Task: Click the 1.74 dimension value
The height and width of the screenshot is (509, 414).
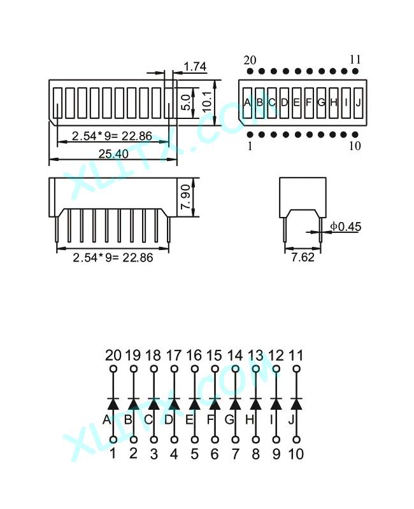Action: click(x=195, y=67)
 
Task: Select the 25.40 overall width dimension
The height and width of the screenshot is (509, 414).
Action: click(x=113, y=153)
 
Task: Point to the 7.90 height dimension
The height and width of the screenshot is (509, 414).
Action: click(x=185, y=197)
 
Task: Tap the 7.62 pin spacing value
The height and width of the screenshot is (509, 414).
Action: click(x=303, y=257)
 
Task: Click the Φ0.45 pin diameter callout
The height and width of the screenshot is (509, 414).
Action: click(x=346, y=227)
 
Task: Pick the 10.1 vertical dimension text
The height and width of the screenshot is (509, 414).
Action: click(x=207, y=101)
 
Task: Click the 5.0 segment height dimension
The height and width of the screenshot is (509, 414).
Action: click(x=185, y=102)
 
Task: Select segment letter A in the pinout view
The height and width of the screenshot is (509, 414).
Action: click(x=247, y=102)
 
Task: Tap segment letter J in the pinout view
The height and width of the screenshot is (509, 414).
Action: click(x=358, y=102)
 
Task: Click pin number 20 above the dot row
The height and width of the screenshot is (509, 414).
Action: click(x=250, y=60)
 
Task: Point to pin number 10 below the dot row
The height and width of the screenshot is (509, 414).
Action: click(x=355, y=146)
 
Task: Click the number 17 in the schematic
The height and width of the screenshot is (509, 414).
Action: click(x=173, y=356)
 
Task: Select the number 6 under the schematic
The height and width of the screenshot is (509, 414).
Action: click(x=215, y=454)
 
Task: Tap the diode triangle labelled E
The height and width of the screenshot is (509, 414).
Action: click(x=194, y=405)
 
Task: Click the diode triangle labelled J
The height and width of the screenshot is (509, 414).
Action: click(x=296, y=405)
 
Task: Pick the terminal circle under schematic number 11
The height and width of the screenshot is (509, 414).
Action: click(x=296, y=369)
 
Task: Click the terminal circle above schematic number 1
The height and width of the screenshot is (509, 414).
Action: click(x=113, y=440)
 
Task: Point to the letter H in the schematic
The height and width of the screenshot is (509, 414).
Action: click(x=249, y=420)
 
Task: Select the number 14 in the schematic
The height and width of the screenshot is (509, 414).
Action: click(x=235, y=356)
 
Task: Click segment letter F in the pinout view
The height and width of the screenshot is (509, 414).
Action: click(x=309, y=102)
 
